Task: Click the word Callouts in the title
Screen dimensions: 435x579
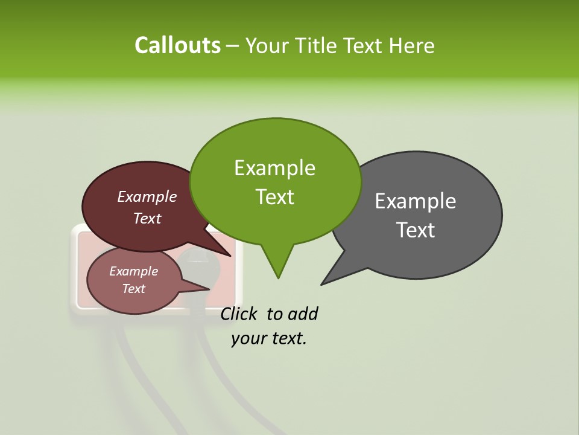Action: (177, 45)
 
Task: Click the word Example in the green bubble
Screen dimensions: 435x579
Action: (274, 168)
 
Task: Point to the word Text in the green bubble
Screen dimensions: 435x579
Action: (274, 197)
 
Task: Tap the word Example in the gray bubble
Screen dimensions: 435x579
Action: (416, 201)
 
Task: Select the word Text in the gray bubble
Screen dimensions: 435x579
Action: (416, 230)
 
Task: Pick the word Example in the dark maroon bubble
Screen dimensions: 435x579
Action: (147, 196)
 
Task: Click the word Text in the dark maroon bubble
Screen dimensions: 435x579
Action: (147, 218)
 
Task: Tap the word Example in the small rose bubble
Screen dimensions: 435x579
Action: (133, 271)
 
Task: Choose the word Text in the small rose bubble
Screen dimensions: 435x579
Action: (133, 289)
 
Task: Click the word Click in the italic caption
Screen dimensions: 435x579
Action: (239, 314)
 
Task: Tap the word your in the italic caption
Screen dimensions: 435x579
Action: (248, 338)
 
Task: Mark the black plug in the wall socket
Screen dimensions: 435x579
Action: (196, 266)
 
